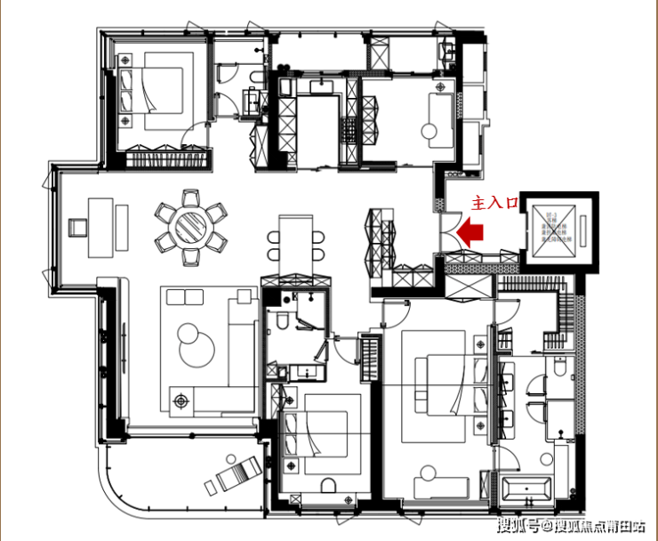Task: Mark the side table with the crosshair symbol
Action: coord(182,401)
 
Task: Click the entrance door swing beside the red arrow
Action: coord(448,233)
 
